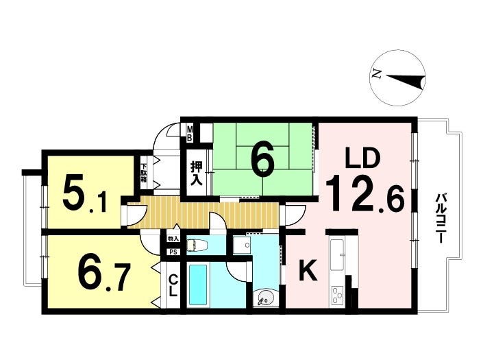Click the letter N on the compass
coord(376,73)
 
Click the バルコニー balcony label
coord(441,218)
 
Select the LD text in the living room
coord(362,158)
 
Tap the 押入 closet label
coord(196,173)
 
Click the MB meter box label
coord(190,133)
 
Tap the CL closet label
coord(173,285)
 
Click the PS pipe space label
coord(174,252)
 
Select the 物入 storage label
coord(173,239)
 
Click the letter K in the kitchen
coord(308,270)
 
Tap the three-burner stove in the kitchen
coord(337,296)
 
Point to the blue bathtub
coord(197,285)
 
